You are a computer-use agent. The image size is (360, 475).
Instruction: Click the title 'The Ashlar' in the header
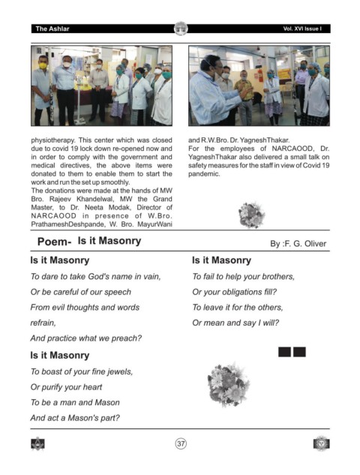pos(52,29)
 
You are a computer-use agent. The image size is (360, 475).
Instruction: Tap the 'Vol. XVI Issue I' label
pos(302,29)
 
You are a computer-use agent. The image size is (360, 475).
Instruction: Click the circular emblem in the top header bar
pos(181,29)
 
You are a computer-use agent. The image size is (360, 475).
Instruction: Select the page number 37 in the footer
pos(181,443)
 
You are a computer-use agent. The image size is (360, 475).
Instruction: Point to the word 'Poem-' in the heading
pos(55,242)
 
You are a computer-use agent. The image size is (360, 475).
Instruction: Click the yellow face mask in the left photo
pos(43,65)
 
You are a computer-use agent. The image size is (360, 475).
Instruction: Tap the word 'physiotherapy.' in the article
pos(53,140)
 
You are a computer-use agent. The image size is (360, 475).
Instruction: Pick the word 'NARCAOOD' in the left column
pos(53,215)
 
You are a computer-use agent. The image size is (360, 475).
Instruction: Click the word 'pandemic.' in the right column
pos(204,174)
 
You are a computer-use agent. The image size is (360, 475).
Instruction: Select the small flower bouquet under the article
pos(251,215)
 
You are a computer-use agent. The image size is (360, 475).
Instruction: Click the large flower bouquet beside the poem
pos(229,384)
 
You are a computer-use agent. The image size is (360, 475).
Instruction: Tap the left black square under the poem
pos(284,352)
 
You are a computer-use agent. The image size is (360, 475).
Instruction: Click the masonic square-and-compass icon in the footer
pos(37,443)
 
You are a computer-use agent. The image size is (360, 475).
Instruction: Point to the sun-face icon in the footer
pos(321,443)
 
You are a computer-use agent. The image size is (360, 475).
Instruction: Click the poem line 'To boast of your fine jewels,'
pos(82,371)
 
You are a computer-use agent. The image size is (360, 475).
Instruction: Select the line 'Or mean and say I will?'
pos(235,323)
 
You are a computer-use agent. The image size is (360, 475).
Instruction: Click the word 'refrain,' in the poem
pos(43,323)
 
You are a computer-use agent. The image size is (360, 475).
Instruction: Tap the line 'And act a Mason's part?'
pos(75,418)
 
